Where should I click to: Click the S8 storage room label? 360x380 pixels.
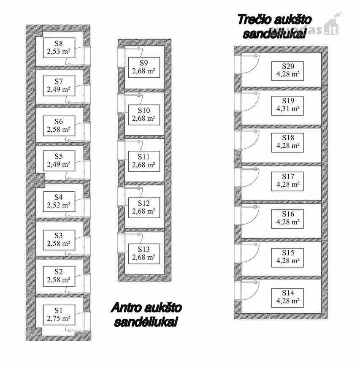pos(59,47)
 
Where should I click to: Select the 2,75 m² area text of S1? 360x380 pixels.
pos(59,318)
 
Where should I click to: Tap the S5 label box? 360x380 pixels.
pos(59,161)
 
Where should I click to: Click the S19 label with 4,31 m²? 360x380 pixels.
pos(287,105)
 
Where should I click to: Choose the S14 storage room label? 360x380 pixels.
pos(287,297)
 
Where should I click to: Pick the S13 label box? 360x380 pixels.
pos(144,253)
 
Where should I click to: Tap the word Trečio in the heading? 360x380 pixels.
pos(254,19)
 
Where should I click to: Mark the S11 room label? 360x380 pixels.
pos(144,161)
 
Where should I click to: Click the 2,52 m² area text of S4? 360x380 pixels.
pos(59,205)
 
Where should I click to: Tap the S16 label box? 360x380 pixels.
pos(287,218)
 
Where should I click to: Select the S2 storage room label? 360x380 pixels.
pos(59,276)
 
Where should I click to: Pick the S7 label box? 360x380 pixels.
pos(59,86)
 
